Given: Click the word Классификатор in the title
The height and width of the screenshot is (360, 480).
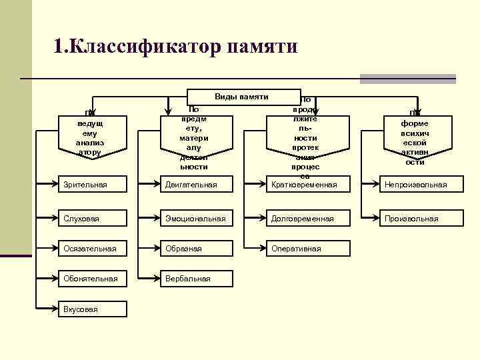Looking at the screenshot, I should [x=137, y=46].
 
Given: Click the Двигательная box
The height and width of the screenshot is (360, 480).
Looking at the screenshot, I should [x=197, y=184].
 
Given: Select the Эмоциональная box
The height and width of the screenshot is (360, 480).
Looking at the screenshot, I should [x=197, y=218].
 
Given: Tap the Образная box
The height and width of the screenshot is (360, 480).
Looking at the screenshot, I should [x=197, y=249].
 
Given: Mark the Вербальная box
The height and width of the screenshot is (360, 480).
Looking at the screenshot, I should [x=197, y=278].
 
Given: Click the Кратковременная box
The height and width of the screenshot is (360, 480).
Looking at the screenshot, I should [x=309, y=184].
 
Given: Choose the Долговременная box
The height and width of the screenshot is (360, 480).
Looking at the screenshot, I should [x=309, y=218].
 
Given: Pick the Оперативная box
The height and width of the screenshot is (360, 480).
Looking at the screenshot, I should [x=309, y=249].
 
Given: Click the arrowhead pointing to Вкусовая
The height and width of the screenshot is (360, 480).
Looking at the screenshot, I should [x=55, y=309].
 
